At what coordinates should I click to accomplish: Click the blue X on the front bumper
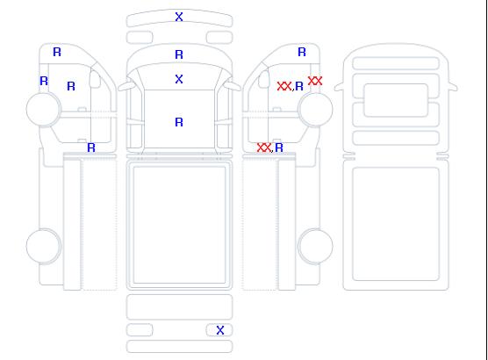[x=179, y=17]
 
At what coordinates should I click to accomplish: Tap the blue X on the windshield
[x=179, y=79]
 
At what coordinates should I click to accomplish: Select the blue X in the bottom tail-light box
[x=220, y=330]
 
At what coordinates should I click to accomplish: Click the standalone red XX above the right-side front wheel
[x=315, y=81]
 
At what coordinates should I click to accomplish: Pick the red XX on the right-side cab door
[x=284, y=86]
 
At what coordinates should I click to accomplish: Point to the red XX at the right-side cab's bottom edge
[x=264, y=148]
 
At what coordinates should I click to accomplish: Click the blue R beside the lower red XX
[x=279, y=148]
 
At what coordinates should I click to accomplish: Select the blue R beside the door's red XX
[x=299, y=86]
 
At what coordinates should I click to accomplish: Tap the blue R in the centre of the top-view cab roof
[x=179, y=122]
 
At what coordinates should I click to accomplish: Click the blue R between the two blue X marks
[x=179, y=54]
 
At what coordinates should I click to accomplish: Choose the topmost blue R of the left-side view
[x=57, y=52]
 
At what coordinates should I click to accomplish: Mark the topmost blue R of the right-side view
[x=302, y=52]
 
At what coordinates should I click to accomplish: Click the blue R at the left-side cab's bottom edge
[x=91, y=148]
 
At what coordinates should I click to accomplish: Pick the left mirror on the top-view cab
[x=126, y=85]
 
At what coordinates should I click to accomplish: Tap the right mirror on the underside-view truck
[x=453, y=87]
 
